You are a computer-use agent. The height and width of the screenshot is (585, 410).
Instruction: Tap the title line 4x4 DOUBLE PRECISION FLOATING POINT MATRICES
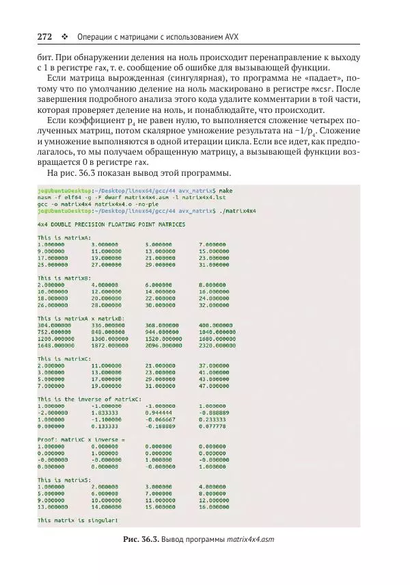111,224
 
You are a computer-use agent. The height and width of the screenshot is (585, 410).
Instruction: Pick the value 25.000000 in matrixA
53,264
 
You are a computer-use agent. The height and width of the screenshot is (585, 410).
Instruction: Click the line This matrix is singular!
76,520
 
